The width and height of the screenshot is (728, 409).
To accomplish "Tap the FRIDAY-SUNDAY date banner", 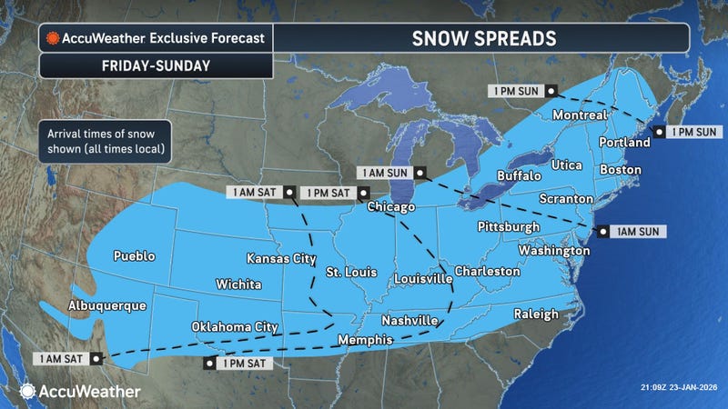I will (155, 65).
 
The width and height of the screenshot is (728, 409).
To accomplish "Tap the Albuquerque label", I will (106, 305).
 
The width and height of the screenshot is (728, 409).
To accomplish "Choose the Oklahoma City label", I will (235, 326).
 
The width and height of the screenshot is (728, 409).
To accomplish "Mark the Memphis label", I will (364, 340).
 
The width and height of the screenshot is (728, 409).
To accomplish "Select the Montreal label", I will (580, 116).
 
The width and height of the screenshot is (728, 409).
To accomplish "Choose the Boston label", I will (621, 170).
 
